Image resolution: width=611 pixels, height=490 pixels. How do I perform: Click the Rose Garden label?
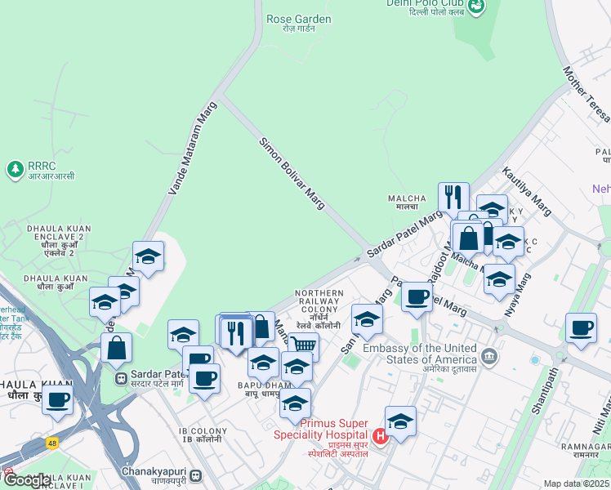[299, 19]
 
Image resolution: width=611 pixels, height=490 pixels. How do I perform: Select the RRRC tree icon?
[14, 169]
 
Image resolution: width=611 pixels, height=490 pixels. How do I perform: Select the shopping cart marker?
[303, 345]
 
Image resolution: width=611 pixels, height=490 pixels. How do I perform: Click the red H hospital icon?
[380, 437]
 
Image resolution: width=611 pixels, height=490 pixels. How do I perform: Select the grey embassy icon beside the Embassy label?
[489, 355]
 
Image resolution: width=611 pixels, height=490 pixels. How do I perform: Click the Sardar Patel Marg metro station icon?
[121, 379]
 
